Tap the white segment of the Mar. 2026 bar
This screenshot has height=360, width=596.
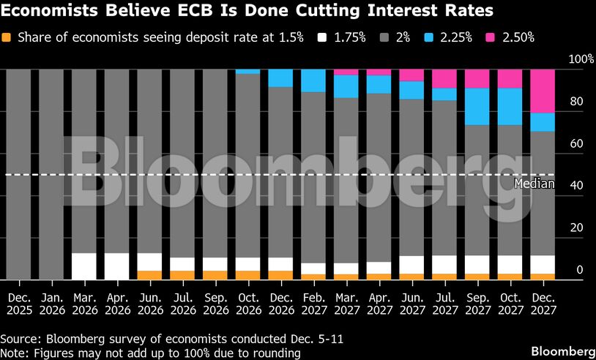tap(84, 266)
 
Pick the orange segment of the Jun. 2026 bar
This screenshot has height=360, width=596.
tap(149, 275)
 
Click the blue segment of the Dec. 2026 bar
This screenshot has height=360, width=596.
tap(280, 78)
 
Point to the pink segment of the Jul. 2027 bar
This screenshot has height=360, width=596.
tap(444, 78)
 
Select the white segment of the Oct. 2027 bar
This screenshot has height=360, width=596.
tap(510, 264)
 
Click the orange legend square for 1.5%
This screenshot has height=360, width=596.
tap(7, 37)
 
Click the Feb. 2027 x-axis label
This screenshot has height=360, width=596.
tap(313, 304)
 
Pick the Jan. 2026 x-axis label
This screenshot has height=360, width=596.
tap(51, 304)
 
